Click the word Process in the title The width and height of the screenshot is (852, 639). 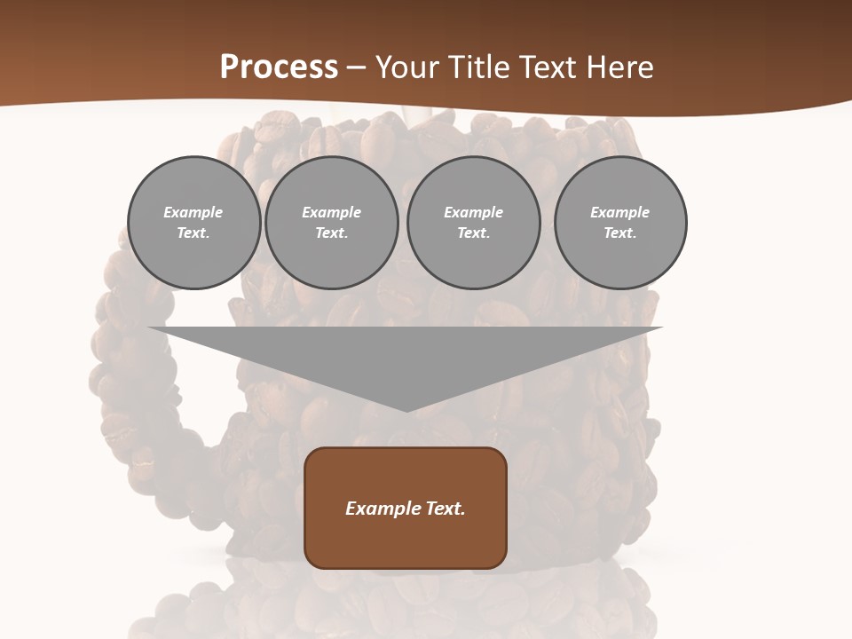[x=279, y=67]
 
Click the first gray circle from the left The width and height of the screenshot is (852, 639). [x=193, y=223]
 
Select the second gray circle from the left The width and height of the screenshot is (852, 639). [x=331, y=223]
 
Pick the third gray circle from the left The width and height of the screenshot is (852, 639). [x=473, y=223]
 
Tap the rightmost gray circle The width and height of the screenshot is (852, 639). [x=620, y=223]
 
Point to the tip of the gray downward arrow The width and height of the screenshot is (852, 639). [x=406, y=410]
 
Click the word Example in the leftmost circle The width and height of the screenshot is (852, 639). [x=193, y=212]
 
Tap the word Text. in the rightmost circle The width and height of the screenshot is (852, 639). [x=620, y=233]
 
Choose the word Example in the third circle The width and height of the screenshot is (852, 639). [x=473, y=212]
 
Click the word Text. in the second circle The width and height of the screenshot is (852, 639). [x=331, y=233]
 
